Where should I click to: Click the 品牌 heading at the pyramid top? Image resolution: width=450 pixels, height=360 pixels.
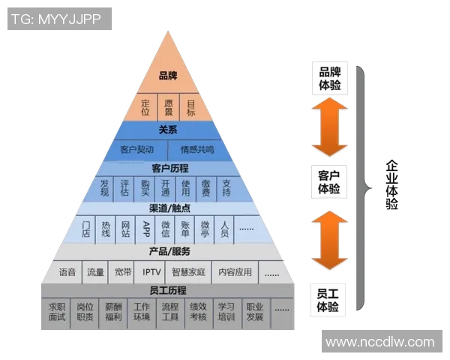pyautogui.click(x=167, y=76)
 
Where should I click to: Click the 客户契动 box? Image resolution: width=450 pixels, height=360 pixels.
pyautogui.click(x=139, y=149)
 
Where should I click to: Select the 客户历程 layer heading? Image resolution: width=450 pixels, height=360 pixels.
pyautogui.click(x=168, y=168)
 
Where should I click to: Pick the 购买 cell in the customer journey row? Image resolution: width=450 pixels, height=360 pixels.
pyautogui.click(x=145, y=187)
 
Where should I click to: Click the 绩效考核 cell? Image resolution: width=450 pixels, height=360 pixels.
pyautogui.click(x=198, y=312)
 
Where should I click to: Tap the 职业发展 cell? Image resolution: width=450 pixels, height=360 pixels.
pyautogui.click(x=255, y=312)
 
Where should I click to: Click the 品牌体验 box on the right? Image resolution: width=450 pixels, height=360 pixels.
pyautogui.click(x=329, y=78)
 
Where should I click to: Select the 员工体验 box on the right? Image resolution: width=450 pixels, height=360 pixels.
pyautogui.click(x=329, y=300)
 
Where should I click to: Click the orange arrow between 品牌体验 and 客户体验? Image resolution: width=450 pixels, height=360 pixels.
pyautogui.click(x=329, y=127)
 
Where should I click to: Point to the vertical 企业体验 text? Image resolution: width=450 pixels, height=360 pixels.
pyautogui.click(x=391, y=184)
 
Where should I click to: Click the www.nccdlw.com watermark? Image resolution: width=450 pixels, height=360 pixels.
pyautogui.click(x=380, y=342)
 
